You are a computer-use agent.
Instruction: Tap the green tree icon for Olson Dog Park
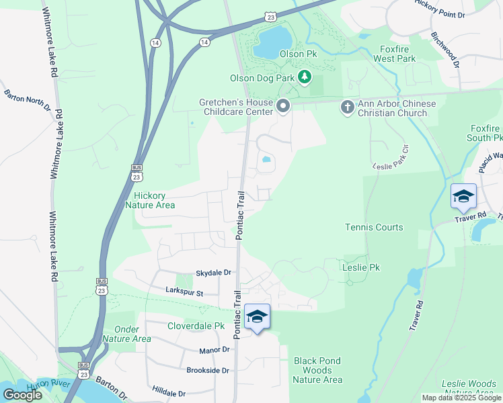305,77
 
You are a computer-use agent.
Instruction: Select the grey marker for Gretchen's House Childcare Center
283,105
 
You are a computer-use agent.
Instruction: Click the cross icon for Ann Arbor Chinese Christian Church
347,106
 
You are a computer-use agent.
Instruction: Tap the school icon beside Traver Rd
463,196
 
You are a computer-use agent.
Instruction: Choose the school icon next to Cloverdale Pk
257,316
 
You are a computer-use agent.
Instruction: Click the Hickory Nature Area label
150,200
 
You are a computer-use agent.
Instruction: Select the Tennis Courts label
375,227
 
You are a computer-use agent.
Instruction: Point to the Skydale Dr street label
213,273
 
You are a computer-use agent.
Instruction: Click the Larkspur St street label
184,291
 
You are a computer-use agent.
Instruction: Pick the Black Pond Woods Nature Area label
317,370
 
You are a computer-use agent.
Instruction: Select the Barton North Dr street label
28,99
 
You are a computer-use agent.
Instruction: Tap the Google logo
22,394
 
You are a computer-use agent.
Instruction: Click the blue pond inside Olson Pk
272,44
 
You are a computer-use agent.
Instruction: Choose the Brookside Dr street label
208,370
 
